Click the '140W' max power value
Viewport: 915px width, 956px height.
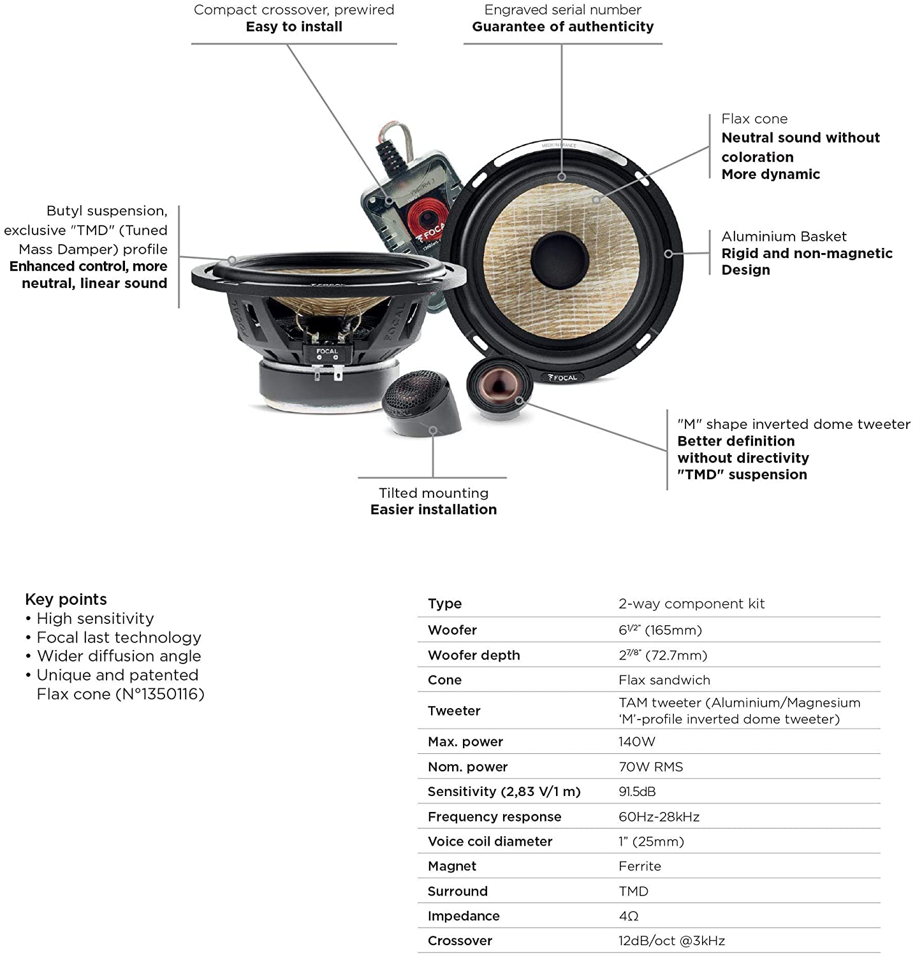coord(636,741)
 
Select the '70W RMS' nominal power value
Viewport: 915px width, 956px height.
coord(650,767)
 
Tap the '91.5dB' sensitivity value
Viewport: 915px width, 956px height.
coord(636,792)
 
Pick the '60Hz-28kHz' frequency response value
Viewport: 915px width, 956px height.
coord(659,816)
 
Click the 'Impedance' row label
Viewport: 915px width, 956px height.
coord(464,916)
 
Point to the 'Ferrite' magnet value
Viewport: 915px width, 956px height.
coord(640,866)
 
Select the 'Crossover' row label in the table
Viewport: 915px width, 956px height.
coord(460,941)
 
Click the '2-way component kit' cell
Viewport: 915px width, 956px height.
coord(691,604)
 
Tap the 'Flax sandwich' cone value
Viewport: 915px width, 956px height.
coord(664,680)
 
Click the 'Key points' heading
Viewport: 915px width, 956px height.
coord(66,599)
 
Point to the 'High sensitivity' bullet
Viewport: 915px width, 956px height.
coord(95,618)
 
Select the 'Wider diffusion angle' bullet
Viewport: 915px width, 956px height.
coord(119,656)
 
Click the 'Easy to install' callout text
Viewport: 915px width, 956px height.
coord(294,27)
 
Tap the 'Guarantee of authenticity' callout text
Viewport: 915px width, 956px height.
coord(562,27)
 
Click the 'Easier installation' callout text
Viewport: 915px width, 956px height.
coord(433,509)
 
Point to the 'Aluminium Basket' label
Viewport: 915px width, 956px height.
coord(784,236)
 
